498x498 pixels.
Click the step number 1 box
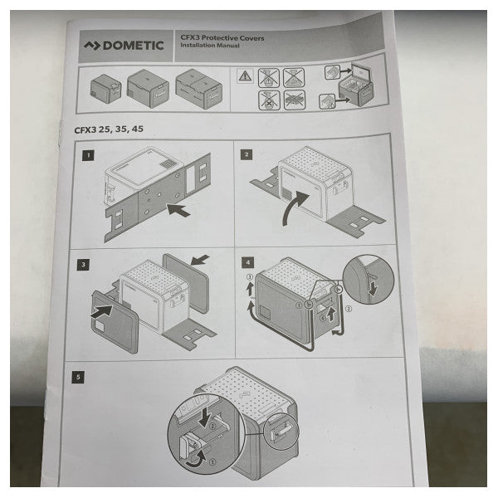click(x=86, y=154)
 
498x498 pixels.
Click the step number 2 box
click(x=247, y=154)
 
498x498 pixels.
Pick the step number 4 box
click(x=246, y=263)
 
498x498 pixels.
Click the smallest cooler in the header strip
click(x=105, y=86)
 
